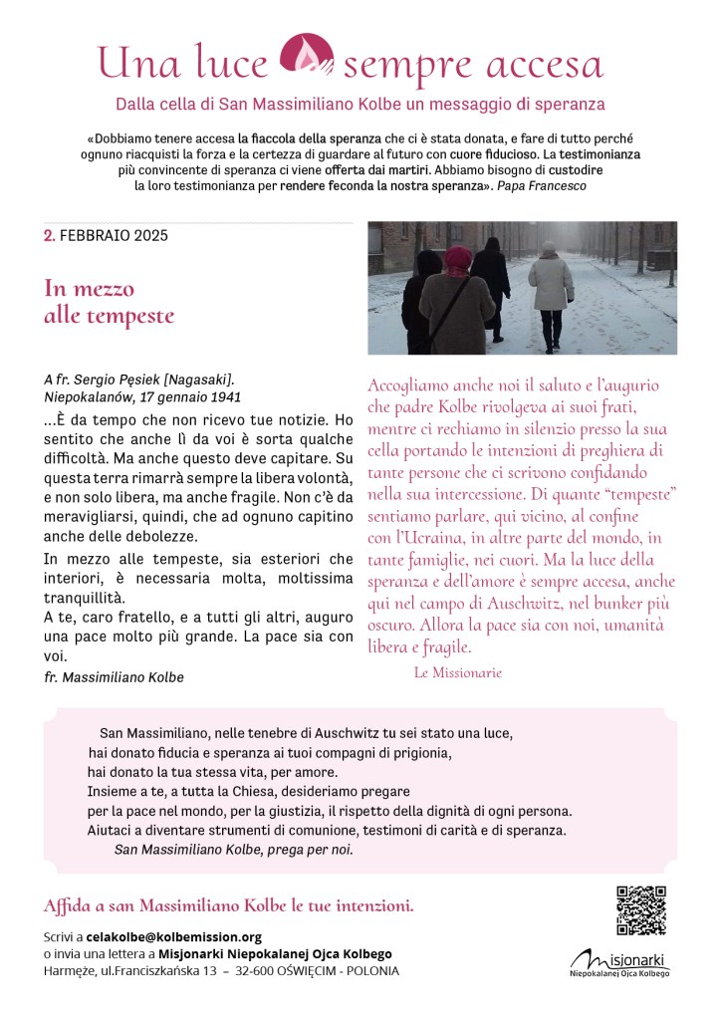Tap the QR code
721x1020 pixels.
point(640,909)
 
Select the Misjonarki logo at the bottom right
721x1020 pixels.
point(619,963)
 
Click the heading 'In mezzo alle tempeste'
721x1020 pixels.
point(109,303)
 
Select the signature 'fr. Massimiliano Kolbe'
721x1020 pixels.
point(114,677)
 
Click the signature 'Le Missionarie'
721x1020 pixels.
point(458,672)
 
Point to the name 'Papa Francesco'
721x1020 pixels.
point(541,185)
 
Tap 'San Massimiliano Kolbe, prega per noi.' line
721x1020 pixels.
point(233,850)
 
